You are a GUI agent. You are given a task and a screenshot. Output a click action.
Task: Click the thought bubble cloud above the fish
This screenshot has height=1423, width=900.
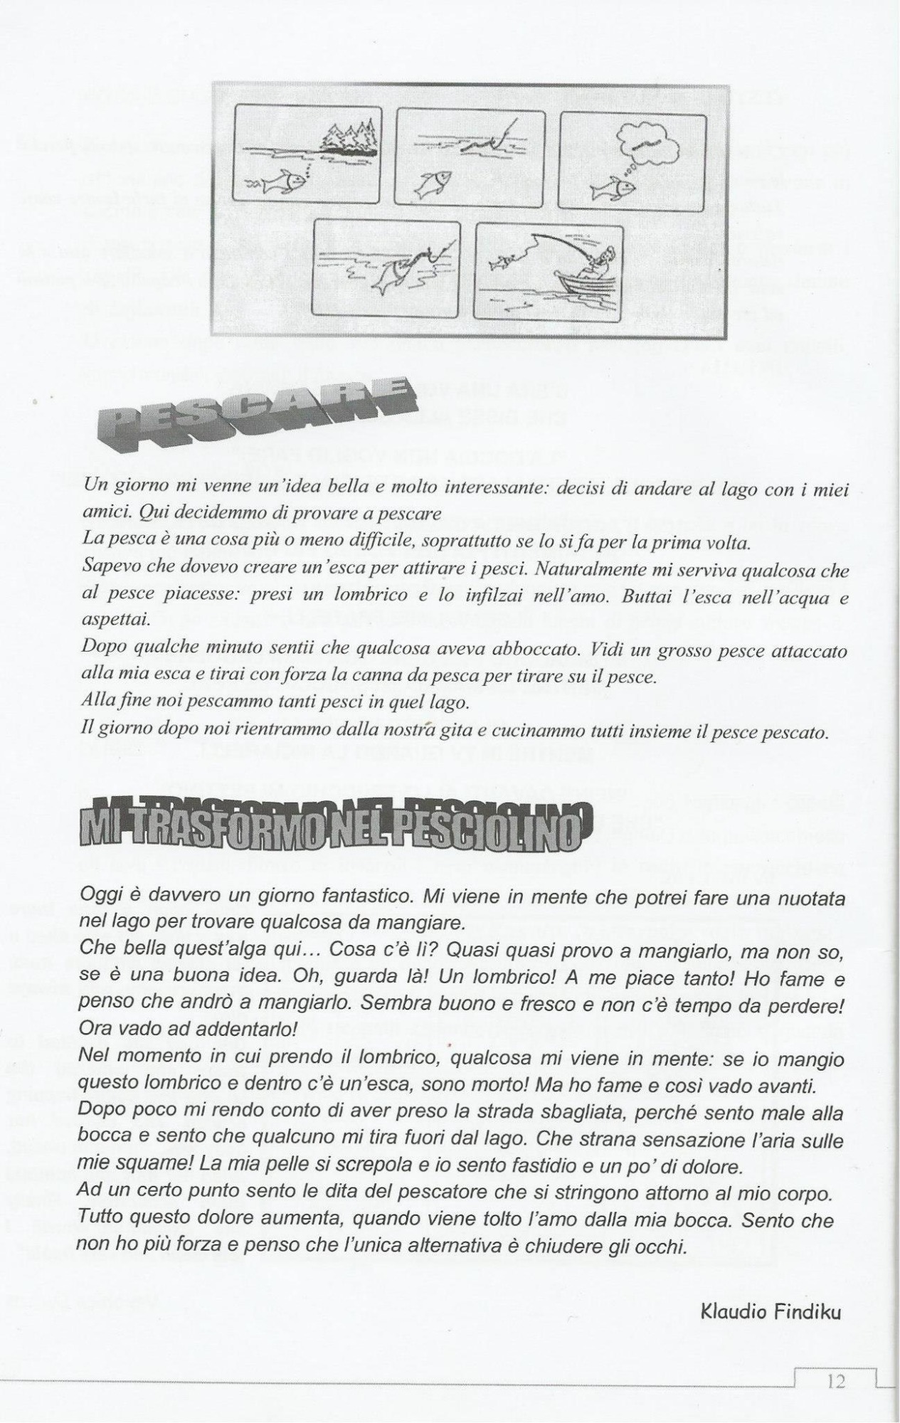[x=646, y=142]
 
